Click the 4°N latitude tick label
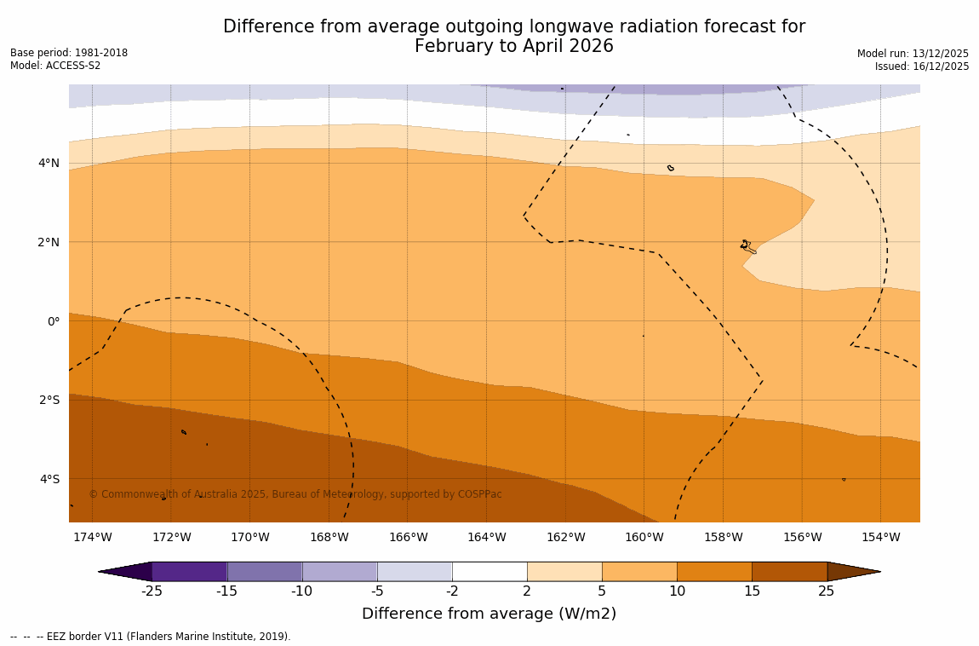coord(48,163)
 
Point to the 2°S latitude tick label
coord(49,400)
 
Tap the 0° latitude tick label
coord(53,321)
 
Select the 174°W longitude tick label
coord(92,537)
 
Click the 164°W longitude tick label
coord(486,537)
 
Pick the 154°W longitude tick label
coord(880,537)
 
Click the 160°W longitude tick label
coord(644,537)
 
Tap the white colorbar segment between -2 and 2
coord(489,571)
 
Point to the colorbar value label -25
coord(152,591)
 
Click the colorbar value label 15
coord(752,591)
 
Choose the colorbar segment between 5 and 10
coord(639,571)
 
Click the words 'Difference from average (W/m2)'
coord(489,614)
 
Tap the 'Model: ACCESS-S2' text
coord(55,66)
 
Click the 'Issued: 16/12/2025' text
coord(921,66)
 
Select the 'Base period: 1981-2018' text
coord(69,53)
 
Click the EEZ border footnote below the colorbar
coord(151,637)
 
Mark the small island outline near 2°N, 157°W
coord(747,246)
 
